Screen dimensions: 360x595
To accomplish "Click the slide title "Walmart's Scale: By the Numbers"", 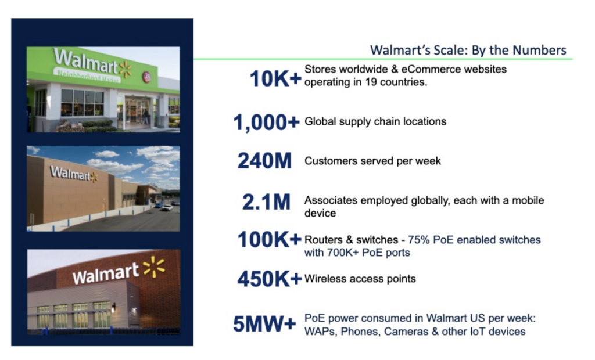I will pyautogui.click(x=468, y=49).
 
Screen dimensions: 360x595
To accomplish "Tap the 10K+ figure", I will pyautogui.click(x=275, y=78).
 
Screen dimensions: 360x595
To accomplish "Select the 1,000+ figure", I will pyautogui.click(x=266, y=122).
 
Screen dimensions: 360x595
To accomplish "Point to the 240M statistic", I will pyautogui.click(x=264, y=161).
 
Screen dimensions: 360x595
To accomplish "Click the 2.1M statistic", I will pyautogui.click(x=266, y=201).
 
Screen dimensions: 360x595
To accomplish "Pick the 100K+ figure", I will pyautogui.click(x=270, y=240).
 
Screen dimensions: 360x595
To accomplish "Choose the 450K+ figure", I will pyautogui.click(x=270, y=279).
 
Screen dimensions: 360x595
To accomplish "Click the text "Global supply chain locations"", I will pyautogui.click(x=375, y=121).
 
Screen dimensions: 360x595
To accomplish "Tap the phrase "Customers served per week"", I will pyautogui.click(x=372, y=161).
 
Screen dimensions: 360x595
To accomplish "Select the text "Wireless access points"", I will pyautogui.click(x=360, y=279).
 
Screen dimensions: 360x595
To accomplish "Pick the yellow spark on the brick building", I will pyautogui.click(x=154, y=267).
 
